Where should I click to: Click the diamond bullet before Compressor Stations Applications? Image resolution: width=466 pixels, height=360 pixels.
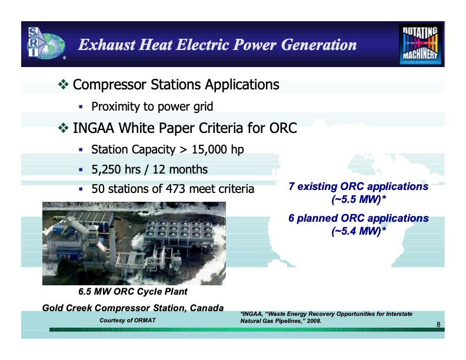(64, 85)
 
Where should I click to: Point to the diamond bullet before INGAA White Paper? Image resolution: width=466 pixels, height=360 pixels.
(64, 128)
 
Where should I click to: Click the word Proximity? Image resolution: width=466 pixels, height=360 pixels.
(117, 107)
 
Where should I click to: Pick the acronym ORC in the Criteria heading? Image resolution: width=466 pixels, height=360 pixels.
(284, 128)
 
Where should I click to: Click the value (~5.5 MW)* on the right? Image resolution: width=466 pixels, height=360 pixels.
(358, 200)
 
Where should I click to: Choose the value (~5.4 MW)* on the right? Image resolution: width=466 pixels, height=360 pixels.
(358, 231)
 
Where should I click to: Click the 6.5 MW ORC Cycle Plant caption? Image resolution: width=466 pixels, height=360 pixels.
(133, 292)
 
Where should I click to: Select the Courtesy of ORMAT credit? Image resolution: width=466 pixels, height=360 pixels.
(128, 320)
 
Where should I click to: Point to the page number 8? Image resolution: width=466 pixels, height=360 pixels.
(438, 325)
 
